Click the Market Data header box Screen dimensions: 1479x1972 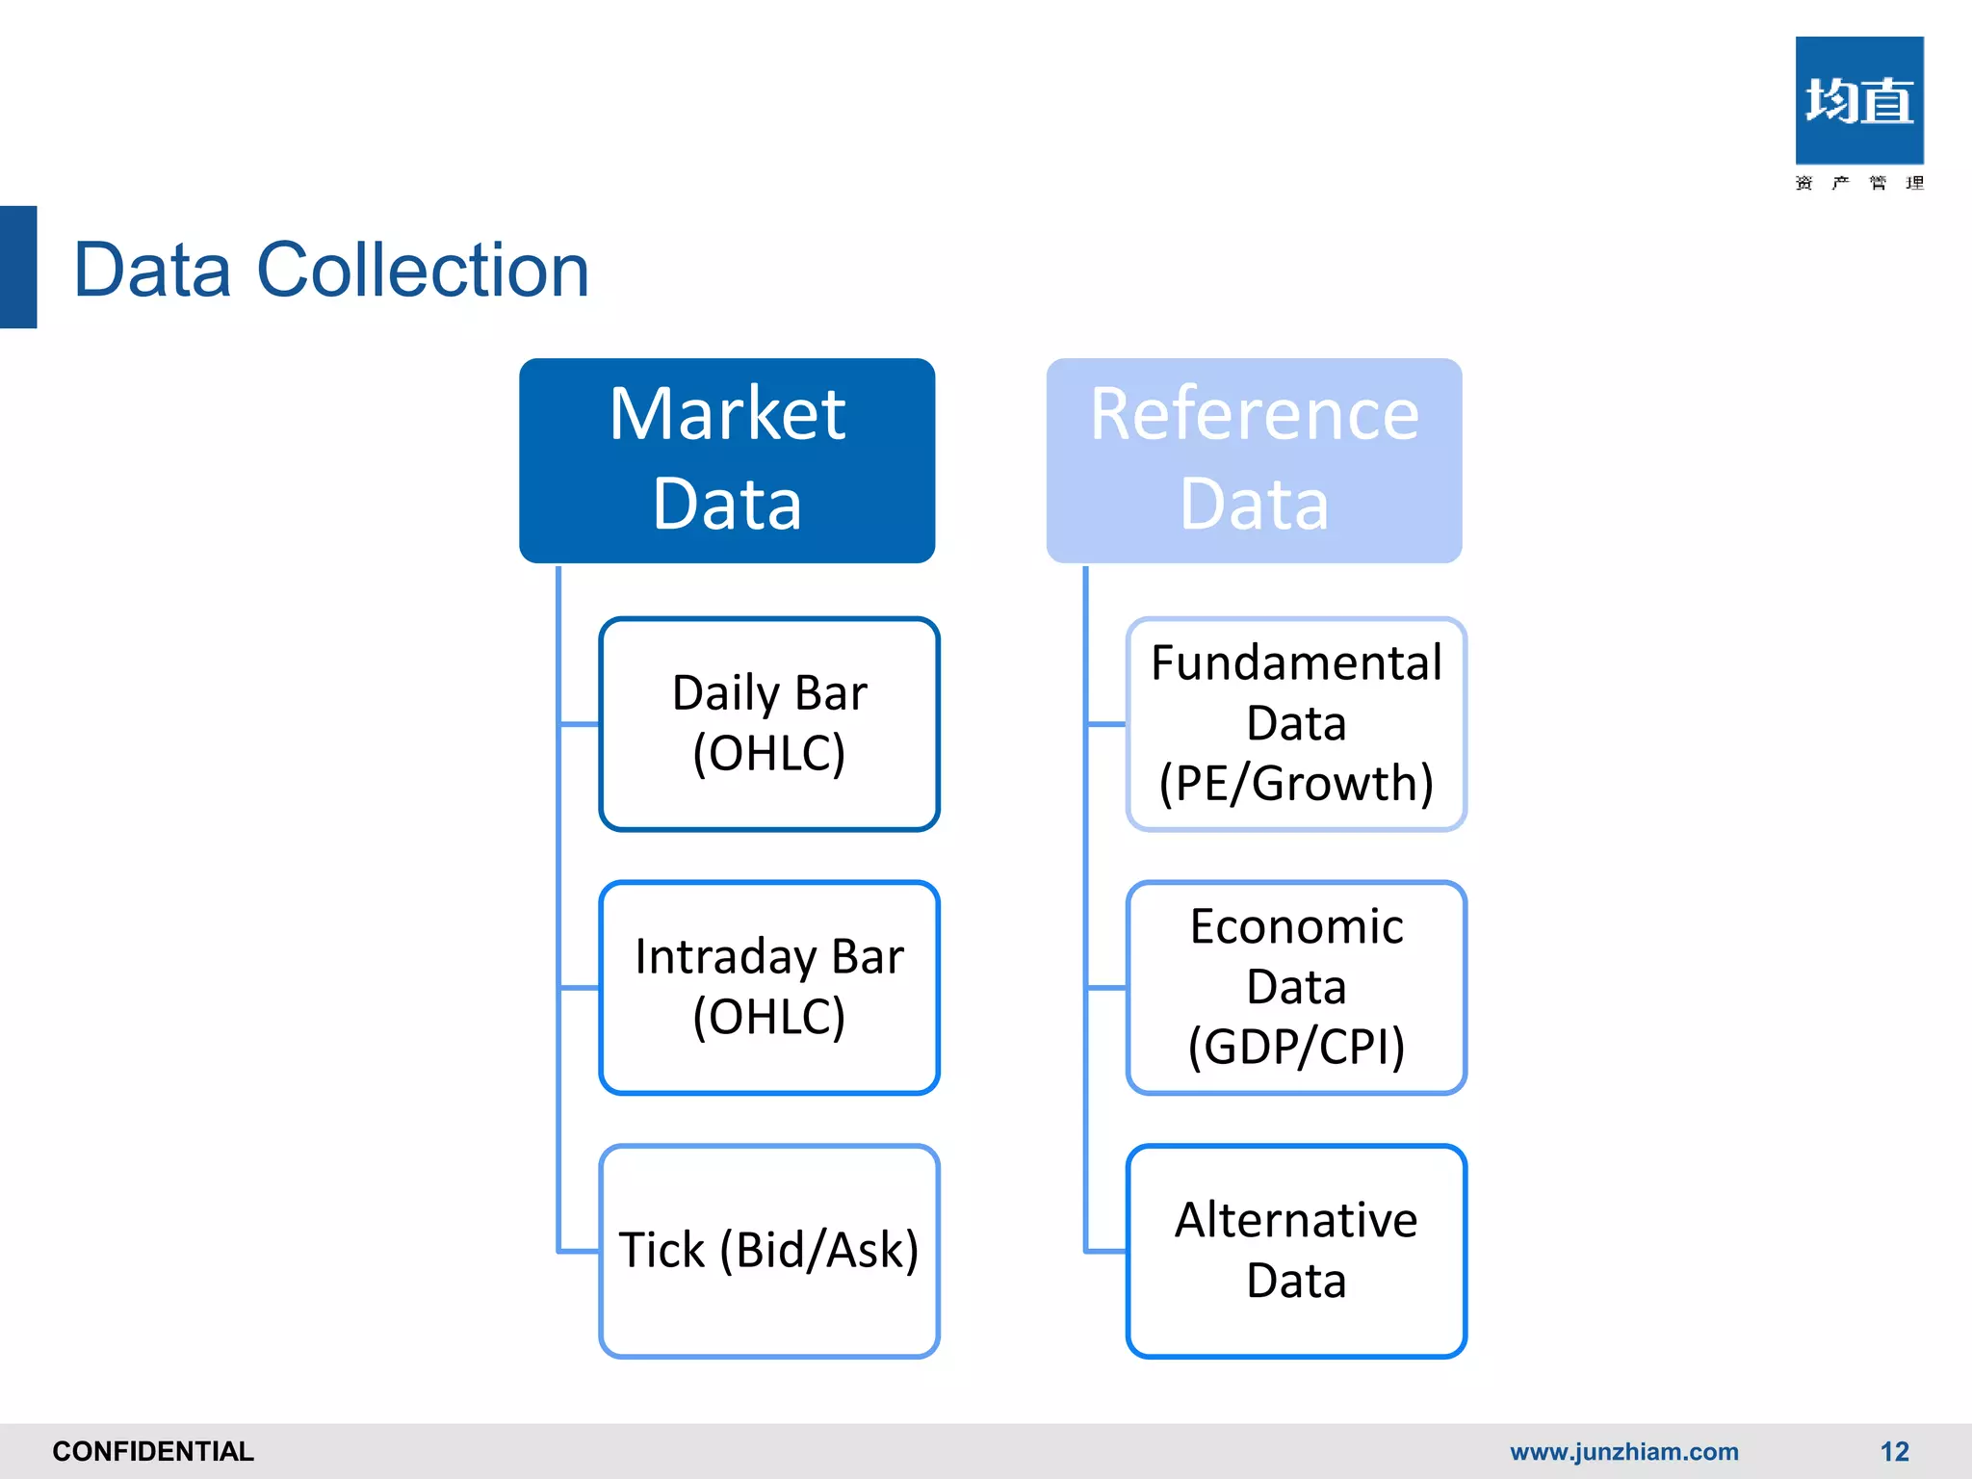[727, 460]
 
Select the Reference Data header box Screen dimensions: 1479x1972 [1254, 460]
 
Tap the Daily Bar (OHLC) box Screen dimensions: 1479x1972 [768, 723]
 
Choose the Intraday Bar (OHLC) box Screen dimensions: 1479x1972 [768, 987]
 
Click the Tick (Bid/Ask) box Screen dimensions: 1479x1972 [768, 1251]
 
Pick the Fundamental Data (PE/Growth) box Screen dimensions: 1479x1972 [1296, 723]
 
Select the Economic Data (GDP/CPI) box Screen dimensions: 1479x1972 [1296, 987]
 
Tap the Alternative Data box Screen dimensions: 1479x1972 [1296, 1251]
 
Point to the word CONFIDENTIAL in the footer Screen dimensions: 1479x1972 [153, 1451]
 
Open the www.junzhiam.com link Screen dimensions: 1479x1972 [1623, 1451]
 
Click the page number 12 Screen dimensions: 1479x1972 [1894, 1451]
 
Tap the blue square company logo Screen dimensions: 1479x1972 [1858, 100]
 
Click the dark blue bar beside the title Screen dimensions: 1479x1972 [18, 267]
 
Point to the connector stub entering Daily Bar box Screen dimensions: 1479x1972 [579, 723]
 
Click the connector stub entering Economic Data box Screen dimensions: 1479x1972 [1106, 987]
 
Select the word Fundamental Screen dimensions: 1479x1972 [1296, 663]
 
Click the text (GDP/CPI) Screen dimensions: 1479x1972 [1296, 1047]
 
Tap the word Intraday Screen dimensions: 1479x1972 [725, 957]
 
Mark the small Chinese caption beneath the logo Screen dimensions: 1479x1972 [1858, 183]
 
